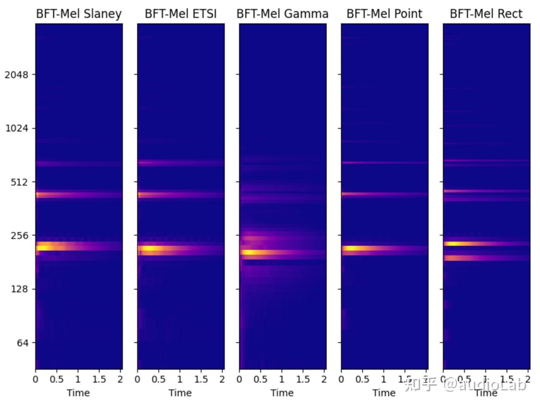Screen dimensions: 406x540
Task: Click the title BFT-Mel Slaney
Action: tap(79, 14)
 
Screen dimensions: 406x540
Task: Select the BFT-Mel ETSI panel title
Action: tap(181, 14)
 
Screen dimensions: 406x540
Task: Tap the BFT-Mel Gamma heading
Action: tap(282, 14)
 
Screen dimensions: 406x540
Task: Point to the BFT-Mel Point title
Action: tap(384, 14)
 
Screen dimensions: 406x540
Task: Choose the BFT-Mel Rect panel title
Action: tap(486, 14)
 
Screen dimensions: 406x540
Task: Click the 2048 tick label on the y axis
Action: tap(17, 75)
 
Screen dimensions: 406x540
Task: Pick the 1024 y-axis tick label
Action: tap(17, 128)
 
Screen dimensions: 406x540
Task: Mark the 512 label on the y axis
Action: tap(19, 182)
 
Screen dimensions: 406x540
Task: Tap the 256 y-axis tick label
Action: tap(19, 236)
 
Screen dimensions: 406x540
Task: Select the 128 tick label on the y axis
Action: tap(19, 289)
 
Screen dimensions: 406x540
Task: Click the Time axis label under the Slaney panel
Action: tap(78, 393)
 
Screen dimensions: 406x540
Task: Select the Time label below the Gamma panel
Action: tap(282, 393)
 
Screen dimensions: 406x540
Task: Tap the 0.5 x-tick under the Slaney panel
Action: tap(57, 380)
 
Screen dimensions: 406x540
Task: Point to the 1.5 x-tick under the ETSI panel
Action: tap(201, 380)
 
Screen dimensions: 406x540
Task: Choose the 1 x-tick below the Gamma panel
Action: tap(282, 380)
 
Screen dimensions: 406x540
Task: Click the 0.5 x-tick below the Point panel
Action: tap(363, 380)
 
